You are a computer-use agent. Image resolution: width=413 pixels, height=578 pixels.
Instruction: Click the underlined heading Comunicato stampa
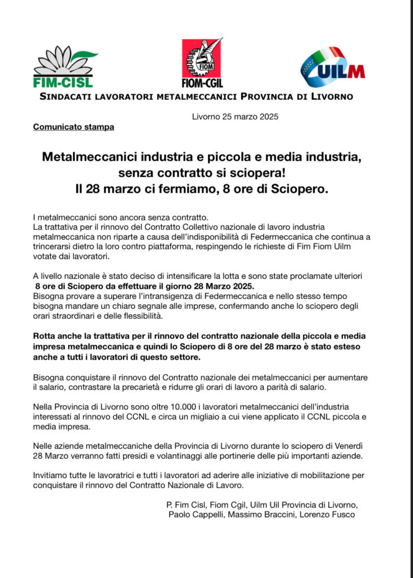73,127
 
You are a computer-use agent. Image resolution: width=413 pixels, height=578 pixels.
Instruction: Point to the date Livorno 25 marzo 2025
235,117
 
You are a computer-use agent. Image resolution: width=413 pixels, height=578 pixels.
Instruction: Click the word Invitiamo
53,475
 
